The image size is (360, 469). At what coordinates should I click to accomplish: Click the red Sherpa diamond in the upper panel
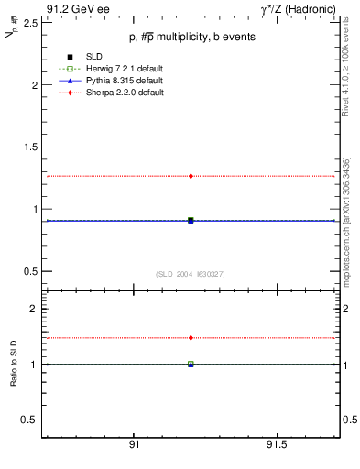pos(191,176)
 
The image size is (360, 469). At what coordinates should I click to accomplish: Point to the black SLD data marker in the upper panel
pos(191,221)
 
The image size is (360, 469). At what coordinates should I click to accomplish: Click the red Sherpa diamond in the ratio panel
pos(191,338)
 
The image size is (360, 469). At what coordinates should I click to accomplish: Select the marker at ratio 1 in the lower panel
pos(191,365)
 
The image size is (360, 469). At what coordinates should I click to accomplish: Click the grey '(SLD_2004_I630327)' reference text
pos(191,274)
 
